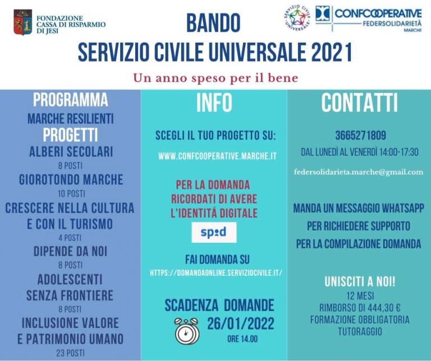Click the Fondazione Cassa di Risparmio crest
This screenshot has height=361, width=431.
23,22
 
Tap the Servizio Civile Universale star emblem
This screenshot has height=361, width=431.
297,18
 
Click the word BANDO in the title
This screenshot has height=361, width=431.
213,23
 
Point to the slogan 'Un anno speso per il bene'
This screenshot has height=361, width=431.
215,78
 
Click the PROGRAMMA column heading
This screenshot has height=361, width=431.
70,100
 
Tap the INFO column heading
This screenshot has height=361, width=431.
214,103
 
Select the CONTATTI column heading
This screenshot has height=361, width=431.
360,103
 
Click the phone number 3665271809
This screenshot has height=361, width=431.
361,135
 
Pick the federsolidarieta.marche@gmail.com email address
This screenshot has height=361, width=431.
359,172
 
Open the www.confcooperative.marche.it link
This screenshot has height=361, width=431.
217,156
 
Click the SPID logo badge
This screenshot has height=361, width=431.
214,232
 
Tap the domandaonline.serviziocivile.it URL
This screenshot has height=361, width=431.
216,273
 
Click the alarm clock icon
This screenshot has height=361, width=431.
187,331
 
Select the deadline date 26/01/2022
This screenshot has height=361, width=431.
241,323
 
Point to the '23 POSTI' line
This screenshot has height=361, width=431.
70,353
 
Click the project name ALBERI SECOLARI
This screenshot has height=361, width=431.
71,151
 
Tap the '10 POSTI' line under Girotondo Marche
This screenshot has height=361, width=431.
71,193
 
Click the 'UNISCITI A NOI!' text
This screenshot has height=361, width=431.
360,281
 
